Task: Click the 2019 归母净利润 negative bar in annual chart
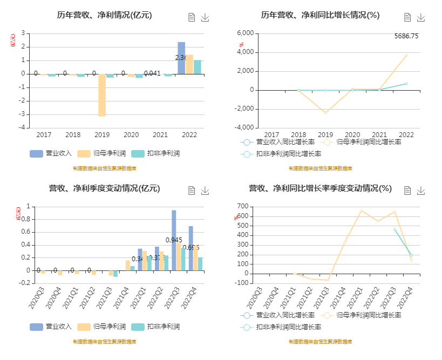point(102,95)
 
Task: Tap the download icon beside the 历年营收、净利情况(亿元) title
point(205,17)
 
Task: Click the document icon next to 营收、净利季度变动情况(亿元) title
point(192,191)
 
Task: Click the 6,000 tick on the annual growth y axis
point(246,33)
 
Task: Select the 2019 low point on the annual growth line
point(325,112)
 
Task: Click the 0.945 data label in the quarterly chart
point(174,240)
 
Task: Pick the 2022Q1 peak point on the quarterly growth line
point(361,210)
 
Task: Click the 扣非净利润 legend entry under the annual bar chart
point(157,153)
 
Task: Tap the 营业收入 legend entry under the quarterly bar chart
point(51,327)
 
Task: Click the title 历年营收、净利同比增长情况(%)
point(320,15)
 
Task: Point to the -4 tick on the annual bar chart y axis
point(22,128)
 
